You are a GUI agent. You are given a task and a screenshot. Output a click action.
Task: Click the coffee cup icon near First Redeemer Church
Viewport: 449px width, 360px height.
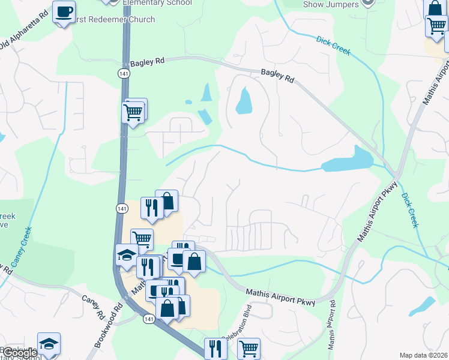[64, 11]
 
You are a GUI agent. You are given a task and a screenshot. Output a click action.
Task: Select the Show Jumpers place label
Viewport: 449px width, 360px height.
[330, 5]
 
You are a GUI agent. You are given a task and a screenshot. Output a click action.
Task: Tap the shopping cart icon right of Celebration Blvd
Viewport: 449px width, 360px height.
[249, 348]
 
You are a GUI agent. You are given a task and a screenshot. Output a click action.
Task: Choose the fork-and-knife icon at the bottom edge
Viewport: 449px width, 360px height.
[215, 349]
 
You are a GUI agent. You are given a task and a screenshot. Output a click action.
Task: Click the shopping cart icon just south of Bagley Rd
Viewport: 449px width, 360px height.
[133, 112]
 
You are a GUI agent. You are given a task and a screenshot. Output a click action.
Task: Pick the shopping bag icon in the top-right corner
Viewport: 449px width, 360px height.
[435, 8]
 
